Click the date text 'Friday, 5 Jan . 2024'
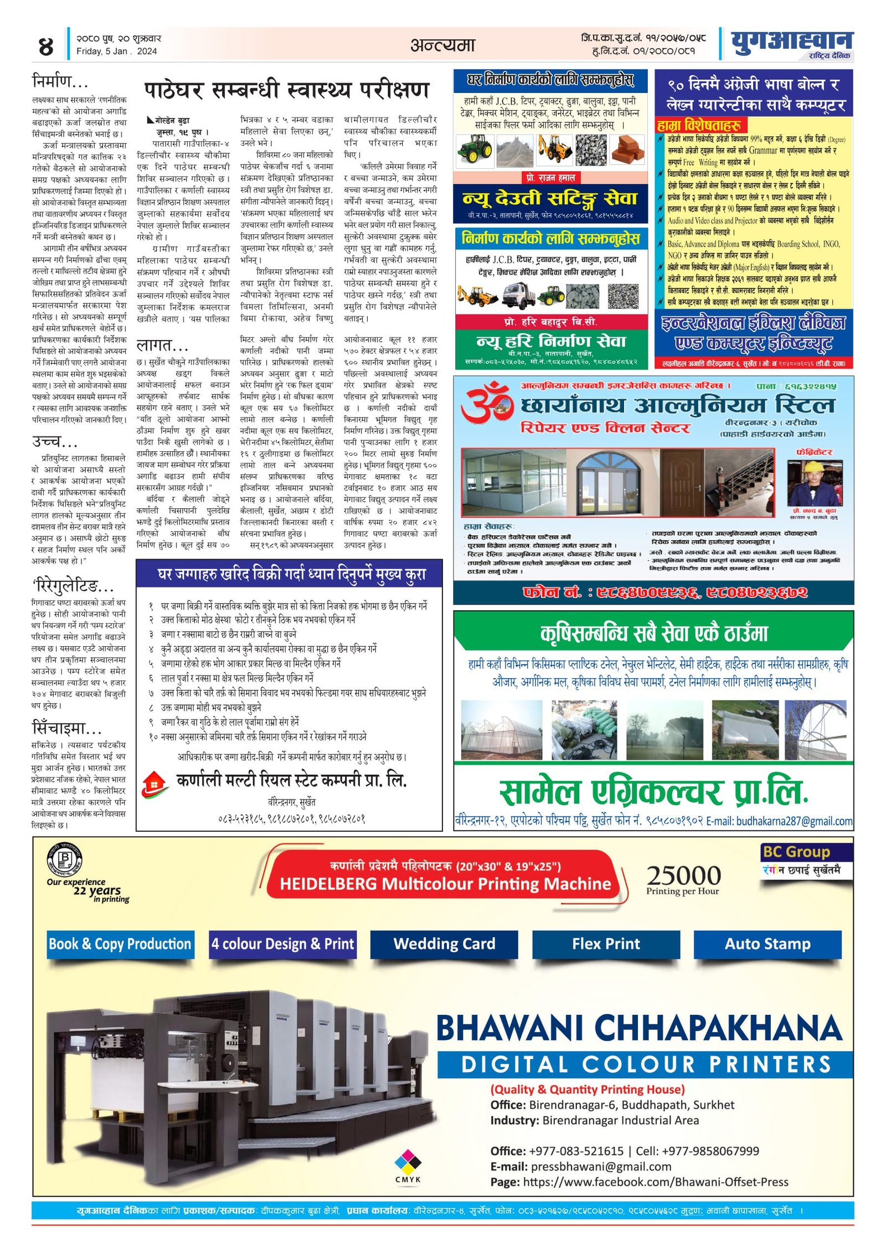[117, 51]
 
